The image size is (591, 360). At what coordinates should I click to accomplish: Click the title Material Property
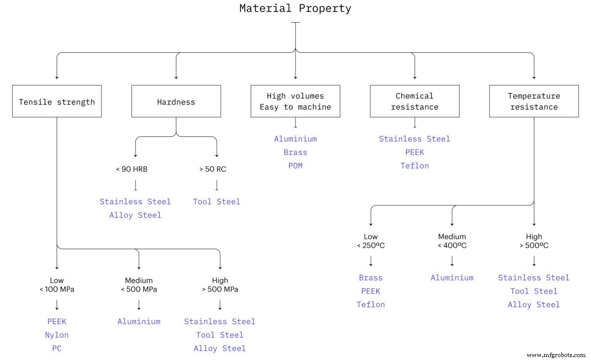click(x=295, y=8)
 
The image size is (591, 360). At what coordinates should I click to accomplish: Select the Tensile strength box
click(x=57, y=101)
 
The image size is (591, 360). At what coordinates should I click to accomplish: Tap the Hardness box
click(x=176, y=101)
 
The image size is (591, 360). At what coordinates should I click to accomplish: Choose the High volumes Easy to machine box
click(x=295, y=101)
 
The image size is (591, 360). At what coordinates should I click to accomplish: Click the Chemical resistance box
click(x=414, y=101)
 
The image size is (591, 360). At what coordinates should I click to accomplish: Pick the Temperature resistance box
click(x=533, y=101)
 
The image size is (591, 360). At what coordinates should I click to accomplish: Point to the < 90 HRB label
click(x=131, y=169)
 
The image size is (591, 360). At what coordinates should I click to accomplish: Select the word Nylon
click(x=57, y=335)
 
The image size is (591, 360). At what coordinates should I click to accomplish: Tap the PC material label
click(x=57, y=348)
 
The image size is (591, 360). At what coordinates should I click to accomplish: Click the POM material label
click(x=295, y=165)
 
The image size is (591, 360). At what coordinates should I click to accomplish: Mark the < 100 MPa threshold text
click(x=57, y=290)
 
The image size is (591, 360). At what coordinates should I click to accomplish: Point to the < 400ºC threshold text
click(x=452, y=246)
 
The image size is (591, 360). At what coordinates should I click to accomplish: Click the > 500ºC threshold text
click(x=534, y=246)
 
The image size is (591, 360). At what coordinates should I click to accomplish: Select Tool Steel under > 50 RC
click(x=216, y=201)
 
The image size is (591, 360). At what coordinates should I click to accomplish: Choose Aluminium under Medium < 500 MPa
click(x=139, y=322)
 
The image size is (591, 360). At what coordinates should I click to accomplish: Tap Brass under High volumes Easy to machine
click(x=295, y=152)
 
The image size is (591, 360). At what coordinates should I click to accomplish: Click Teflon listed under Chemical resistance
click(x=414, y=165)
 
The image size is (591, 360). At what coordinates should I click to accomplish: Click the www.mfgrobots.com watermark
click(x=556, y=355)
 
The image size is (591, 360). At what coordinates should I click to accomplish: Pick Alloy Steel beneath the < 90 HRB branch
click(x=135, y=215)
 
